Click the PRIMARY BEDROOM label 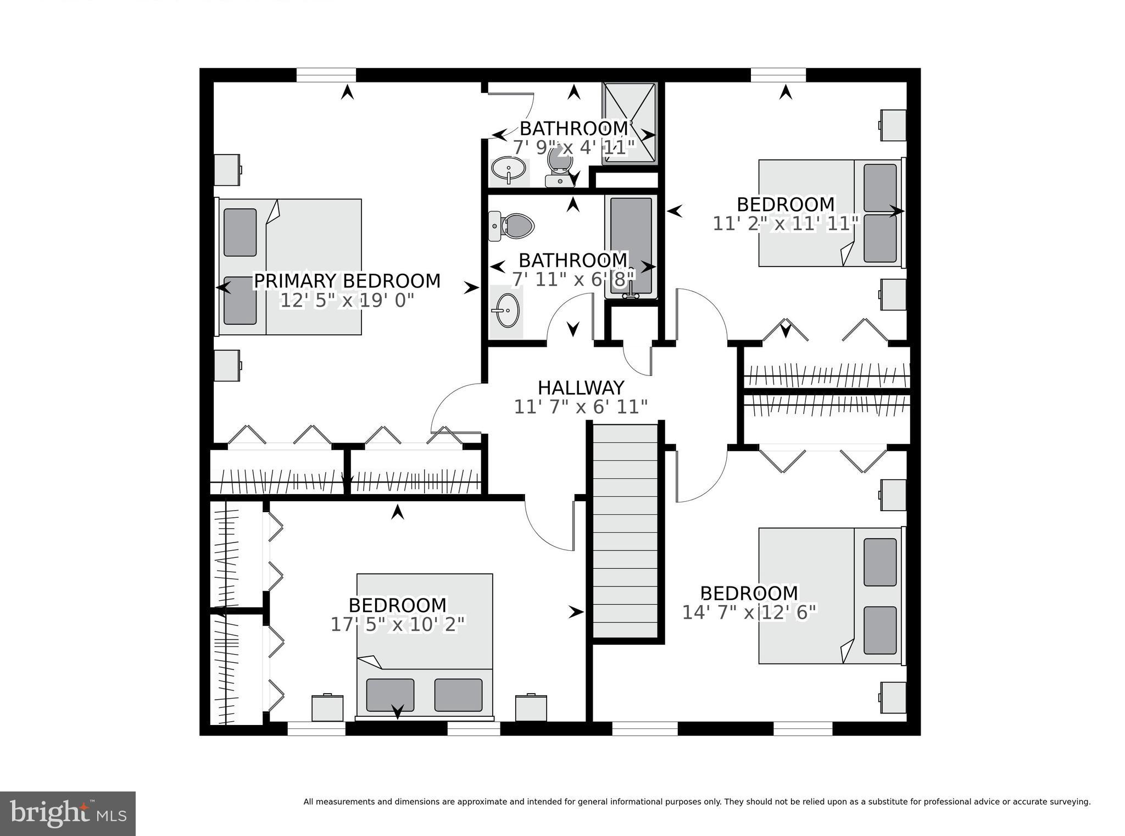click(x=347, y=281)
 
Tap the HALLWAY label click(x=581, y=387)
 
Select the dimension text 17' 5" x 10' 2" click(x=398, y=624)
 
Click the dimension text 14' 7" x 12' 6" click(x=749, y=612)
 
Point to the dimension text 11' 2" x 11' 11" click(x=786, y=224)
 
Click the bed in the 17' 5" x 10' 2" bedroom click(x=425, y=646)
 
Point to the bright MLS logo click(x=68, y=813)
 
